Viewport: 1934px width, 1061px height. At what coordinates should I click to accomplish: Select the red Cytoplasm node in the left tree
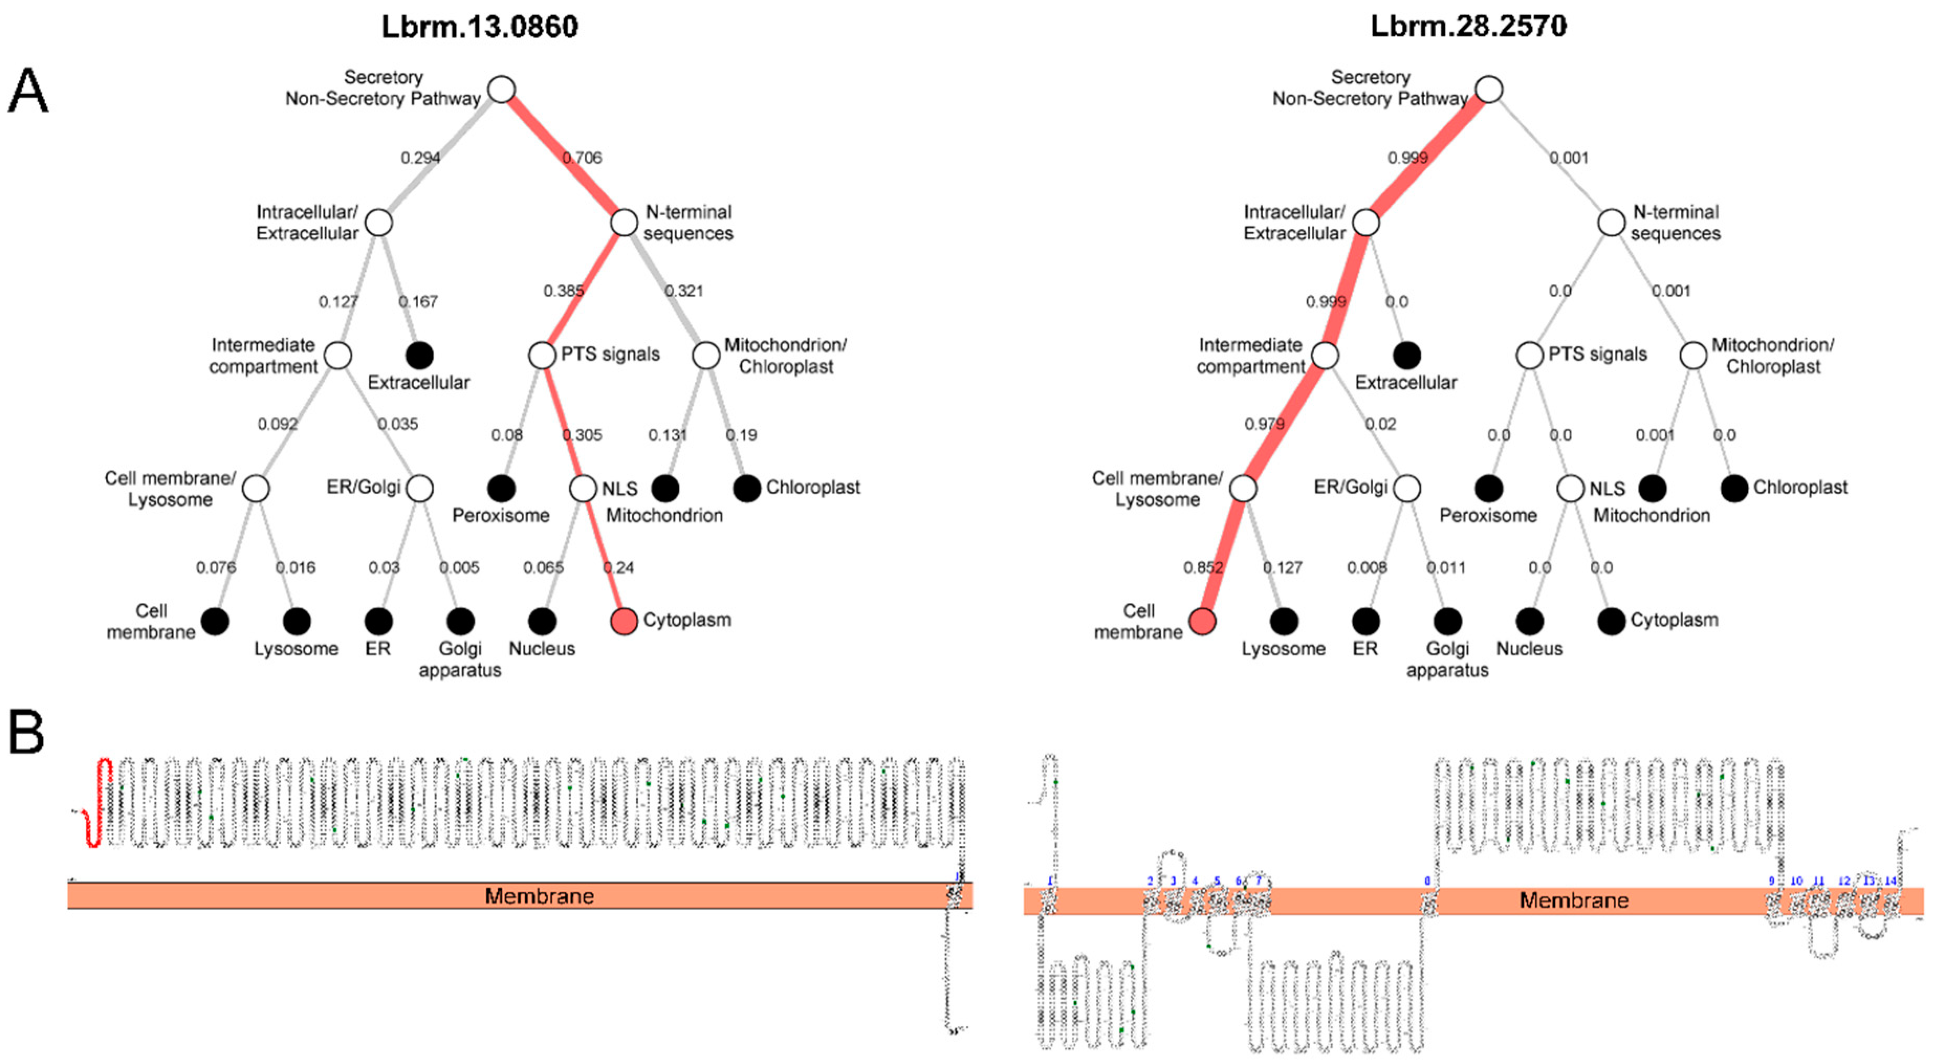pyautogui.click(x=624, y=621)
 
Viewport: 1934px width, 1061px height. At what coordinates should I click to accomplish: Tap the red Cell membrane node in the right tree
pyautogui.click(x=1202, y=621)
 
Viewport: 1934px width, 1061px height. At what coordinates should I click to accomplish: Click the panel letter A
pyautogui.click(x=28, y=92)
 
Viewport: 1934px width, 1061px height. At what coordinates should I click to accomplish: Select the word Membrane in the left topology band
pyautogui.click(x=539, y=896)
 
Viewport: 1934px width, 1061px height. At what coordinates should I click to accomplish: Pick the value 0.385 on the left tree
pyautogui.click(x=563, y=290)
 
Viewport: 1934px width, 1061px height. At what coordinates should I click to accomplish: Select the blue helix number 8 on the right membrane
pyautogui.click(x=1427, y=881)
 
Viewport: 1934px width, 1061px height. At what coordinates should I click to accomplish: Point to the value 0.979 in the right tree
pyautogui.click(x=1263, y=424)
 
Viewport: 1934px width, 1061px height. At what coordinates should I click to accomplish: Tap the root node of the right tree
pyautogui.click(x=1489, y=90)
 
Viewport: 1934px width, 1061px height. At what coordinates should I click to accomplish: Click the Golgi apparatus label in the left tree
pyautogui.click(x=460, y=659)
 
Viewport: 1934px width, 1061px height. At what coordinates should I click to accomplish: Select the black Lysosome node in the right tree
pyautogui.click(x=1284, y=621)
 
